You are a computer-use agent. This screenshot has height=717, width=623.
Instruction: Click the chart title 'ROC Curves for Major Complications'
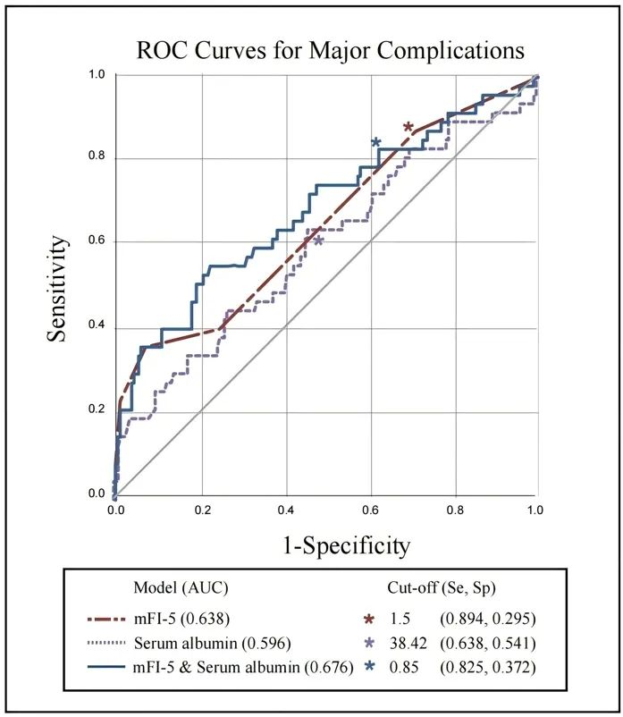pyautogui.click(x=331, y=50)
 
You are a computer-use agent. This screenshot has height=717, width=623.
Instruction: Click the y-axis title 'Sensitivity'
pyautogui.click(x=57, y=289)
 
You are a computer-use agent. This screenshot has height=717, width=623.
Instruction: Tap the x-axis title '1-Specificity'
pyautogui.click(x=347, y=545)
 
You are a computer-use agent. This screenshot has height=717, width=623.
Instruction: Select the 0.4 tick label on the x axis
pyautogui.click(x=286, y=510)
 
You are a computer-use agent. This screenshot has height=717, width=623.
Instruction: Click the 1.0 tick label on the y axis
pyautogui.click(x=97, y=74)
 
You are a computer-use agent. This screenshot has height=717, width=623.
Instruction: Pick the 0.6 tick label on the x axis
pyautogui.click(x=371, y=510)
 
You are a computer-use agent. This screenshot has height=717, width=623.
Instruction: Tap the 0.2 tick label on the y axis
pyautogui.click(x=97, y=409)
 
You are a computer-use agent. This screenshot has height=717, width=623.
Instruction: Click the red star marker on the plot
pyautogui.click(x=408, y=127)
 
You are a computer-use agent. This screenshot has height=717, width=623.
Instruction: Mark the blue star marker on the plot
pyautogui.click(x=375, y=142)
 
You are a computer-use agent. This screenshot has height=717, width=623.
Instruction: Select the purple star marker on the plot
pyautogui.click(x=318, y=240)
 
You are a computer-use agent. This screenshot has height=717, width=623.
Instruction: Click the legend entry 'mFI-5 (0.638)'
pyautogui.click(x=181, y=619)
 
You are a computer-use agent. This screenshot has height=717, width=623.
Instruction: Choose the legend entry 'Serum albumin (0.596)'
pyautogui.click(x=212, y=644)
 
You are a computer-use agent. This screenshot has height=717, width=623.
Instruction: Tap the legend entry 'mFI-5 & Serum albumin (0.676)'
pyautogui.click(x=243, y=668)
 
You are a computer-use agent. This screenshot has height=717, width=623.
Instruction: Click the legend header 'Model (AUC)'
pyautogui.click(x=181, y=587)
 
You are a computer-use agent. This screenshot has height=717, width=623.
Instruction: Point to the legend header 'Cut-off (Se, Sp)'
pyautogui.click(x=442, y=587)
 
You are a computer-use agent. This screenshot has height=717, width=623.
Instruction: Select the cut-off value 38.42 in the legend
pyautogui.click(x=408, y=644)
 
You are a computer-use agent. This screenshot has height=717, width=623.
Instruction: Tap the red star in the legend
pyautogui.click(x=369, y=620)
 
